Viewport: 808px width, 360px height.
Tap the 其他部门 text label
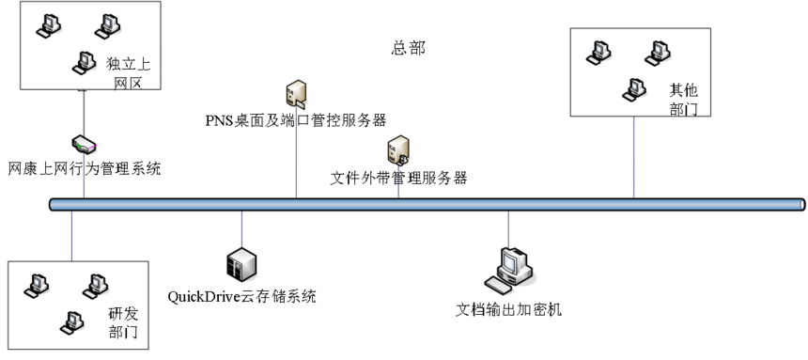click(x=683, y=99)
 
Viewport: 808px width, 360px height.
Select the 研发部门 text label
click(x=122, y=322)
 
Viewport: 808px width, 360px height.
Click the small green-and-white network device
click(x=85, y=145)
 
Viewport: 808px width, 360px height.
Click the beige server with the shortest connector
click(x=398, y=150)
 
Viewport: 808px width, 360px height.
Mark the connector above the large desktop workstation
click(x=509, y=228)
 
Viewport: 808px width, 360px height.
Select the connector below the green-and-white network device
click(x=84, y=176)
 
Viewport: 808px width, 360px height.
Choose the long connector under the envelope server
click(x=297, y=150)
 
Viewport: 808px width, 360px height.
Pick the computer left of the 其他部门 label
click(x=635, y=88)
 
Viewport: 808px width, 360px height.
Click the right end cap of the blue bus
click(x=801, y=204)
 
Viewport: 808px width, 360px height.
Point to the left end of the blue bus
click(x=54, y=204)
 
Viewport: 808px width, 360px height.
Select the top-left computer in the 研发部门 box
click(x=36, y=282)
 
